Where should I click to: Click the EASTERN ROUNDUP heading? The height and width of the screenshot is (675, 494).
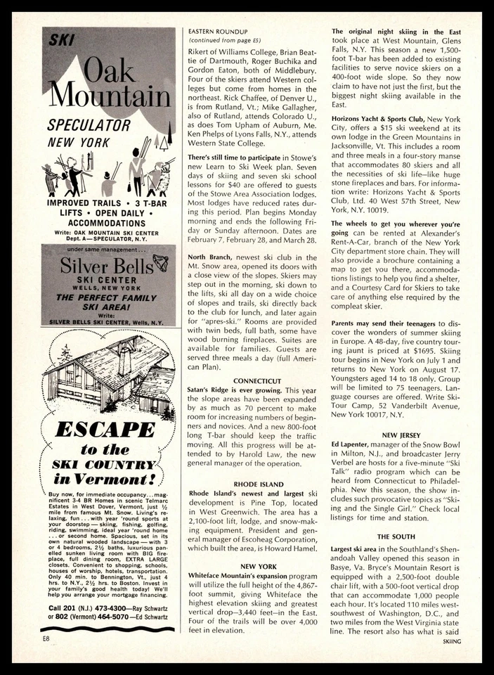click(218, 32)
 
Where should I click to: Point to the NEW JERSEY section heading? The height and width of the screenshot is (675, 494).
click(401, 435)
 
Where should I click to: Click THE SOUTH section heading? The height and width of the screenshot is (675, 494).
click(401, 537)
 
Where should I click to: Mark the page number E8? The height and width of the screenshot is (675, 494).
click(47, 638)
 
